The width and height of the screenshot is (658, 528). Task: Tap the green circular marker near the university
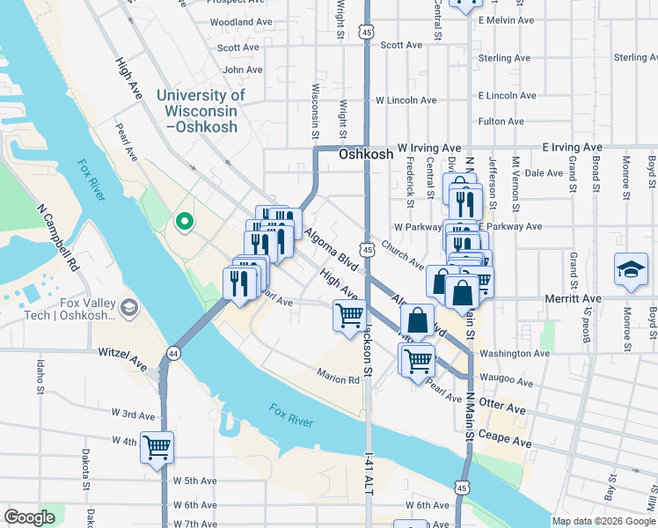pyautogui.click(x=185, y=222)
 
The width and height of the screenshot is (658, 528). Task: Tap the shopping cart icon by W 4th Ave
pyautogui.click(x=157, y=448)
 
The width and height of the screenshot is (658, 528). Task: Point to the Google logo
pyautogui.click(x=30, y=517)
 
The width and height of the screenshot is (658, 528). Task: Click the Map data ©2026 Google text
pyautogui.click(x=603, y=521)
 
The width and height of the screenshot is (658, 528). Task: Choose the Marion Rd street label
pyautogui.click(x=340, y=380)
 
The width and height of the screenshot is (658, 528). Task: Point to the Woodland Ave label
pyautogui.click(x=241, y=21)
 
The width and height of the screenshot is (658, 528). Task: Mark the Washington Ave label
pyautogui.click(x=515, y=353)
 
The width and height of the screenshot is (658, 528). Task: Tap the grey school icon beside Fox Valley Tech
pyautogui.click(x=129, y=305)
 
